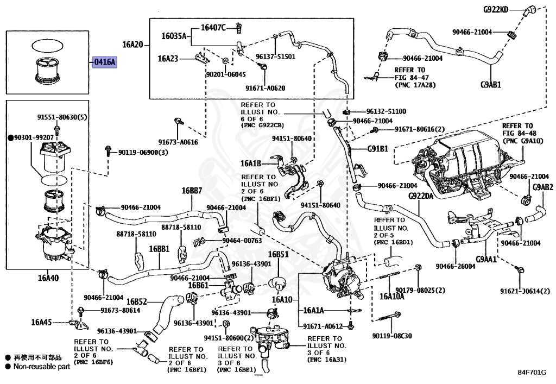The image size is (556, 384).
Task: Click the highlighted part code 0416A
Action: (x=105, y=62)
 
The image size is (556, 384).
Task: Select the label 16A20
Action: (x=132, y=45)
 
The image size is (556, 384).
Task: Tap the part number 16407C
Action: (x=213, y=28)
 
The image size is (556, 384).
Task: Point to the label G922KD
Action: (x=496, y=10)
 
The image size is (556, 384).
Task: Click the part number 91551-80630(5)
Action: (x=62, y=117)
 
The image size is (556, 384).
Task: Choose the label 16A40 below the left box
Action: (x=48, y=278)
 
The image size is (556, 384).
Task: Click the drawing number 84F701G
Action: (x=532, y=372)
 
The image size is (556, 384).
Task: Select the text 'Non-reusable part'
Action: (x=42, y=367)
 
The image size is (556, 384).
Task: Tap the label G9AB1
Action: (x=491, y=84)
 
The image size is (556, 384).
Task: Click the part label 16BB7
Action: (x=192, y=191)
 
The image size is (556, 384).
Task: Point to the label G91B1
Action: (x=378, y=149)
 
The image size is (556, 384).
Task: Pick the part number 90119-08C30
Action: (x=392, y=336)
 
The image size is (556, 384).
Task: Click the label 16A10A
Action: (x=392, y=296)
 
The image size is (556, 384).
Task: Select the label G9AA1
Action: (x=486, y=259)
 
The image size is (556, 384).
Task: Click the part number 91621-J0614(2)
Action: (x=525, y=291)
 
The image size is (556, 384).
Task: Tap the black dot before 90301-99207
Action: (x=11, y=137)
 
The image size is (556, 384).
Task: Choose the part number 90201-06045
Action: (x=226, y=74)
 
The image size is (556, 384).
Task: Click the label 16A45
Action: (x=41, y=322)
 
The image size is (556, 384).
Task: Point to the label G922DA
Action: (x=421, y=196)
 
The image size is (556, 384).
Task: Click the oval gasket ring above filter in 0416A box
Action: (x=48, y=46)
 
